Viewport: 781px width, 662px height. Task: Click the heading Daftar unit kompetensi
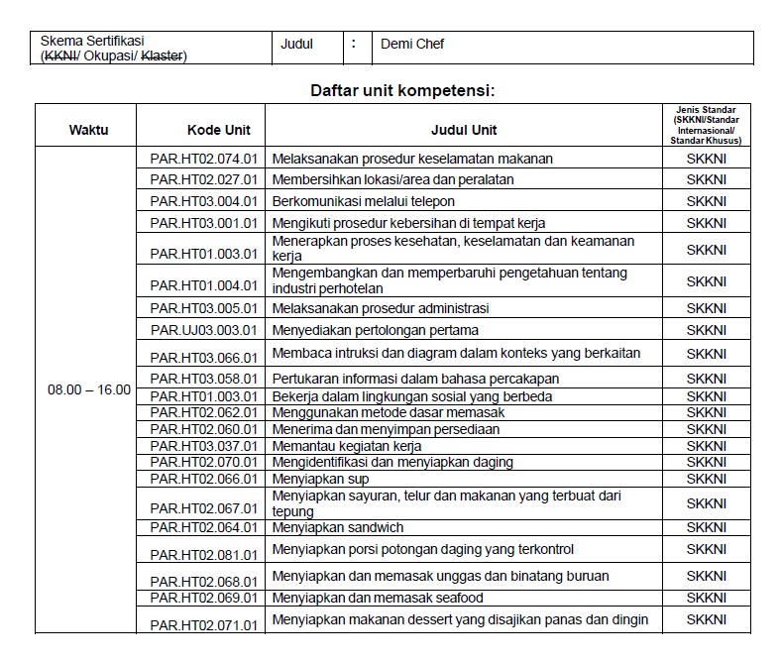[x=402, y=91]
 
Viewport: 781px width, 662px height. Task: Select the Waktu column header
[x=88, y=130]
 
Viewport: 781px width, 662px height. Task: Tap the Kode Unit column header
[x=219, y=130]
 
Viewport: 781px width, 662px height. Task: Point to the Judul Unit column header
[x=464, y=130]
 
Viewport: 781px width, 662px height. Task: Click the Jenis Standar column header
[x=706, y=125]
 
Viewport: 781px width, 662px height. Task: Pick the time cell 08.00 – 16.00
[x=89, y=389]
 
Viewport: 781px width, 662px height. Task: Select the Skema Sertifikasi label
[x=92, y=41]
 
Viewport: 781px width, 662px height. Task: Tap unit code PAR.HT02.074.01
[x=203, y=159]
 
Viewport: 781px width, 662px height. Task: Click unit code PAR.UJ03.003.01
[x=203, y=330]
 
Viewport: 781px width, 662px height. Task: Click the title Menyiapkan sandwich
[x=337, y=528]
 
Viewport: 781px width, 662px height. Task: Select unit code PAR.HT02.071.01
[x=203, y=625]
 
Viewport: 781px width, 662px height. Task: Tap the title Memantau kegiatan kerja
[x=346, y=446]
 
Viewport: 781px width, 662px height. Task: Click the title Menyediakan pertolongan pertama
[x=375, y=330]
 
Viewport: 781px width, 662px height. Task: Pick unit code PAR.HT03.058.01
[x=203, y=380]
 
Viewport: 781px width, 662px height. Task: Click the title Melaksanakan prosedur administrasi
[x=380, y=308]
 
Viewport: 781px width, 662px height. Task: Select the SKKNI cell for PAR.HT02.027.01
[x=706, y=180]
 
